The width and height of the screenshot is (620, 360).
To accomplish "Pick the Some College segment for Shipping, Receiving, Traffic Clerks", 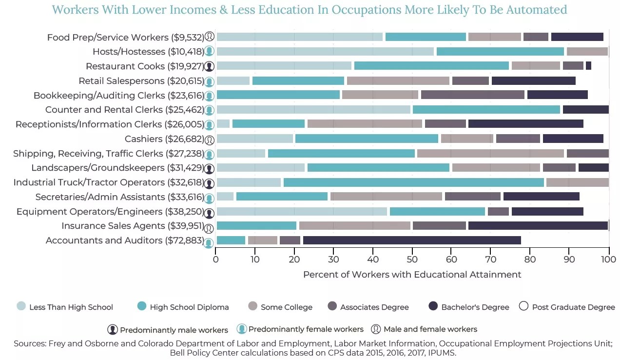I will tap(490, 153).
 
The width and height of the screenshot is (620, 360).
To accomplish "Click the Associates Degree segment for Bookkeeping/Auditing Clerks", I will tap(472, 95).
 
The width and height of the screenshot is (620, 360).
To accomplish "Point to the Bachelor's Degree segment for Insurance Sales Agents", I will tap(538, 225).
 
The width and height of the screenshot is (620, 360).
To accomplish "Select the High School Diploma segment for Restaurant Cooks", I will tap(431, 66).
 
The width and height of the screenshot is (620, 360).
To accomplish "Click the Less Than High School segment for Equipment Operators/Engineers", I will tap(302, 211).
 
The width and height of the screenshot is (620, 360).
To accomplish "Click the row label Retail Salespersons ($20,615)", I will tap(140, 81).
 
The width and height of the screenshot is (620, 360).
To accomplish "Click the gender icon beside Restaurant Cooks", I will tap(209, 67).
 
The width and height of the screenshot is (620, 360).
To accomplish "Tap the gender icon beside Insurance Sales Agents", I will tap(209, 227).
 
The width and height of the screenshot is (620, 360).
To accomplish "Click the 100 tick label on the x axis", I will tap(608, 259).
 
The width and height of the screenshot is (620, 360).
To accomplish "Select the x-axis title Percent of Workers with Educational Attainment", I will tap(412, 275).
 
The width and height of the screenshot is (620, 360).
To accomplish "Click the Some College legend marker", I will tap(252, 306).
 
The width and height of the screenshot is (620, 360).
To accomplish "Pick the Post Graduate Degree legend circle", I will tap(523, 306).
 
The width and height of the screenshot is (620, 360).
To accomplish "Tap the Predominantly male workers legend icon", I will tap(113, 329).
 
